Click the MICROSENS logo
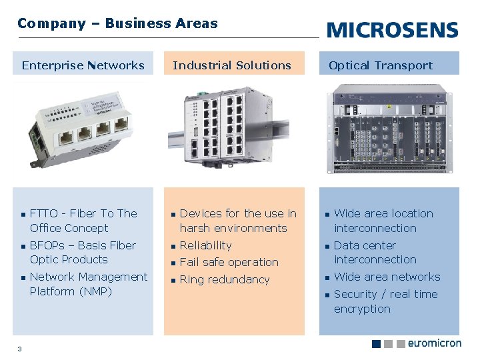click(393, 30)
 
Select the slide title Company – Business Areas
click(117, 23)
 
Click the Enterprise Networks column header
click(83, 65)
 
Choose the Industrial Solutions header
click(231, 65)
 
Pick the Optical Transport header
click(380, 65)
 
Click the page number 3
click(20, 348)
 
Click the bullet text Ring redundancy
click(225, 280)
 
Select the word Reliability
click(205, 245)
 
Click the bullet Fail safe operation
click(229, 263)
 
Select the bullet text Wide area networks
click(387, 277)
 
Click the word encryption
click(362, 309)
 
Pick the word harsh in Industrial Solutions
click(195, 228)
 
